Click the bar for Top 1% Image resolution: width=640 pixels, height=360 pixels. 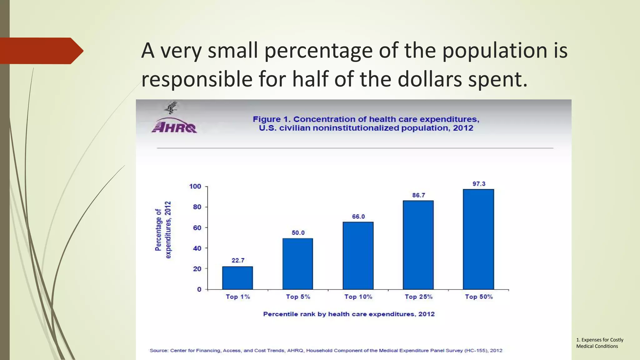point(237,278)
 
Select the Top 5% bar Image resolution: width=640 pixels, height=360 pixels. point(298,264)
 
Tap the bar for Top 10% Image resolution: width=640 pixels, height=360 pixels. point(358,256)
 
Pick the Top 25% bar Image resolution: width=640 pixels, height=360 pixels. point(418,245)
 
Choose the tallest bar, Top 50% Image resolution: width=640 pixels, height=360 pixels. point(478,239)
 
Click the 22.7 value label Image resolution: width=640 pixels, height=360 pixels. point(238,260)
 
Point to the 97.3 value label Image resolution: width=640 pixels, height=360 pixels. point(479,184)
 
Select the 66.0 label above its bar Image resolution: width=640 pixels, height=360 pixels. point(358,217)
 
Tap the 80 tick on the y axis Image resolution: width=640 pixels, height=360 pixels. point(197,207)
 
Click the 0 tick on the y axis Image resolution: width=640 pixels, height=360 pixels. point(199,289)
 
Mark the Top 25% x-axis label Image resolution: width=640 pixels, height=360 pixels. point(418,297)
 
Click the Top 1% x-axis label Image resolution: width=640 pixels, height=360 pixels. point(238,297)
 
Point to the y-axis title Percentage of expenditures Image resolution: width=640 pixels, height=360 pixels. point(163,230)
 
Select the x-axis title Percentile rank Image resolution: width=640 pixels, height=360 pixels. point(349,314)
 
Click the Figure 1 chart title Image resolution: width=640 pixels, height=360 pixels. point(366,123)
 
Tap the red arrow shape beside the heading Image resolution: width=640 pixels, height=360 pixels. point(41,51)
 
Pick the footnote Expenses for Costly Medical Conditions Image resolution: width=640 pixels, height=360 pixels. point(599,343)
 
